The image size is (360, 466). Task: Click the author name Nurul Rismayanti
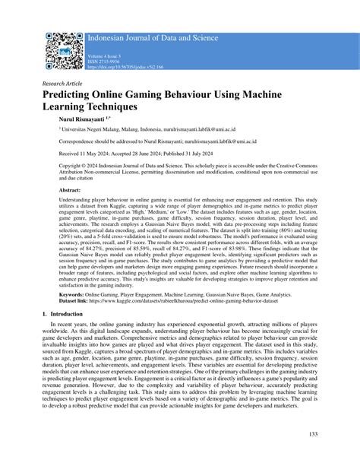(x=77, y=119)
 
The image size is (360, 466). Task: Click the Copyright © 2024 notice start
(x=68, y=164)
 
